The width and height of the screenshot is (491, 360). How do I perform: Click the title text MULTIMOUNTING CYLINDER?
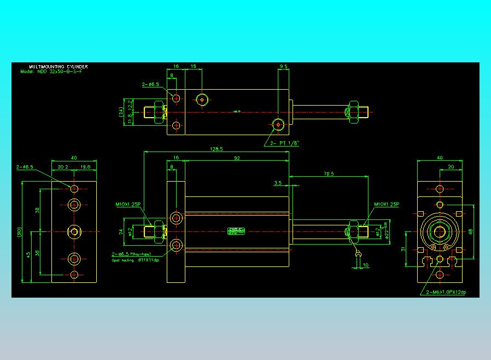tap(58, 67)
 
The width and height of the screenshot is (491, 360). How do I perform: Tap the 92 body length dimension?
tap(237, 158)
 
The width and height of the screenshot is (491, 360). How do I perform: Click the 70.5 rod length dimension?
tap(329, 173)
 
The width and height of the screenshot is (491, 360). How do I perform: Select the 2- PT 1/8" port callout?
tap(285, 143)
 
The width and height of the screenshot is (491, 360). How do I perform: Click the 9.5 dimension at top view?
tap(283, 66)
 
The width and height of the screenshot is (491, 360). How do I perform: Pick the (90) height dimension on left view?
tap(19, 231)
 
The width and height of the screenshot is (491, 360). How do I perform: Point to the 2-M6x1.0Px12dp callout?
tap(446, 293)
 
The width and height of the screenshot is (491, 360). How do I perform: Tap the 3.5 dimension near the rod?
tap(278, 183)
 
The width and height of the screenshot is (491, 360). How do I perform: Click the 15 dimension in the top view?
tap(193, 66)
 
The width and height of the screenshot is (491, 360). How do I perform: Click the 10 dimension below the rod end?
tap(365, 265)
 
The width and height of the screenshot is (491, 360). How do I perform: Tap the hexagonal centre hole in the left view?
tap(74, 231)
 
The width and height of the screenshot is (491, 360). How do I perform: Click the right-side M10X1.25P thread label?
tap(387, 205)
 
